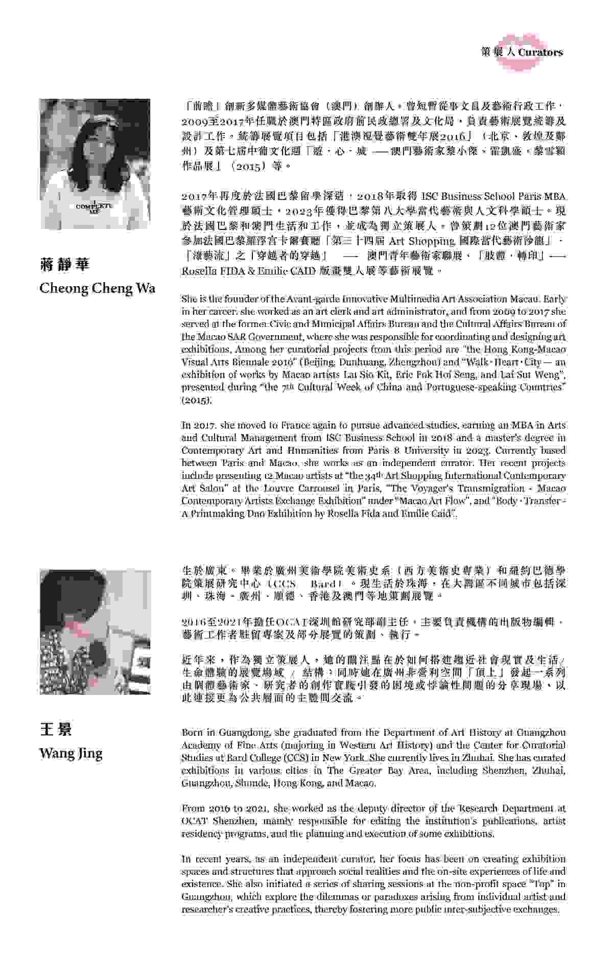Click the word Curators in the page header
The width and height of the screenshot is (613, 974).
(x=540, y=52)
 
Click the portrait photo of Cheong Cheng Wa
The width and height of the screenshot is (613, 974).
(x=95, y=164)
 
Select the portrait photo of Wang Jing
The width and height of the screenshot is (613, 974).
(x=95, y=632)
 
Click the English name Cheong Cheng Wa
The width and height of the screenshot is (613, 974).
(x=98, y=288)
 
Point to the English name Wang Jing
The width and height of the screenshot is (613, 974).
(x=71, y=753)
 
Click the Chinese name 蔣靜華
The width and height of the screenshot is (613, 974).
(x=64, y=264)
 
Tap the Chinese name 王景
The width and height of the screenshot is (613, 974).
(x=56, y=729)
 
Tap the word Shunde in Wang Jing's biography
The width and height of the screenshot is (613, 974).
(x=254, y=782)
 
